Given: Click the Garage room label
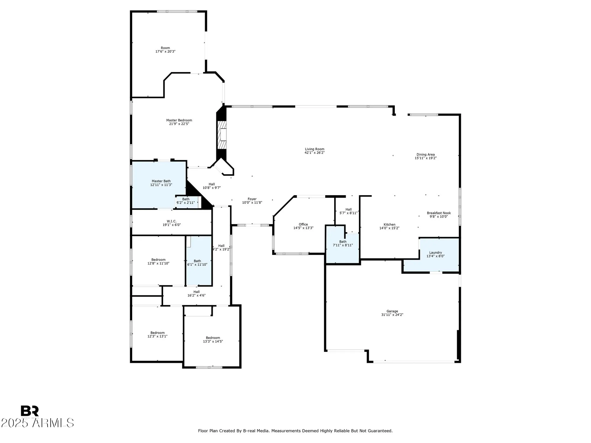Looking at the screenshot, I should pos(392,311).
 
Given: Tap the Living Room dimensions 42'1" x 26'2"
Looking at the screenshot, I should pos(314,153).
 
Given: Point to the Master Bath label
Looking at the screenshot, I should pos(161,181).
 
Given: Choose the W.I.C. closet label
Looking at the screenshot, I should pos(171,221).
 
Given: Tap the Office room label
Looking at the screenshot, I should pos(303,224).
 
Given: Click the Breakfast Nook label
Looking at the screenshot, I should pos(439,213).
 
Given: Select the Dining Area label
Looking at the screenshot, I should pos(426,154).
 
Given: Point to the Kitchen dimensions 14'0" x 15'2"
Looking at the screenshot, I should pos(389,228).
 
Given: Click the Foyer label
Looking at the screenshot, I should pos(252,199).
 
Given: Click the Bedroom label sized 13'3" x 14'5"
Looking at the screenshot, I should pos(213,338).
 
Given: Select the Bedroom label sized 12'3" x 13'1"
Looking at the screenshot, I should pos(157,333).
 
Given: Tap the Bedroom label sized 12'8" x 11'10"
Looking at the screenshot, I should pos(158,260).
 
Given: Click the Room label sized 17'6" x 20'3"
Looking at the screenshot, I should pos(165,48).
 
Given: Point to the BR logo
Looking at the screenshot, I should pos(30,411).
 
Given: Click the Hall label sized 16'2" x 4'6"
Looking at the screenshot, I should pos(197,292).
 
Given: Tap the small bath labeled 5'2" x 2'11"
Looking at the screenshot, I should pos(186,201).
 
